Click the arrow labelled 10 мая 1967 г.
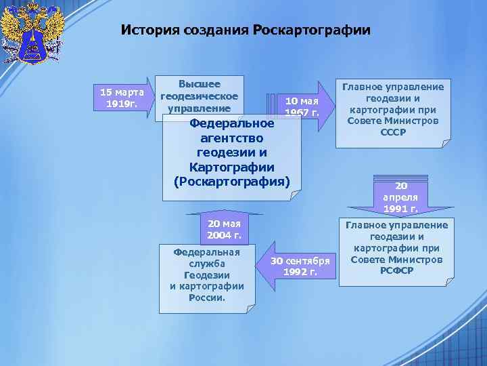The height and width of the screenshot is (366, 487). [302, 105]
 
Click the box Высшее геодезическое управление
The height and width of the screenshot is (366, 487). [200, 96]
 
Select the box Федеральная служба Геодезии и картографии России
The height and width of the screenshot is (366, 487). [207, 274]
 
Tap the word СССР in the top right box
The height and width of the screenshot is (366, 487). [393, 132]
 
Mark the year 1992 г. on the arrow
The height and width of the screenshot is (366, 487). [300, 272]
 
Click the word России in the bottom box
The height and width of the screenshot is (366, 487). [206, 297]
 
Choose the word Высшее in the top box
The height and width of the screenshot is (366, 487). [200, 84]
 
